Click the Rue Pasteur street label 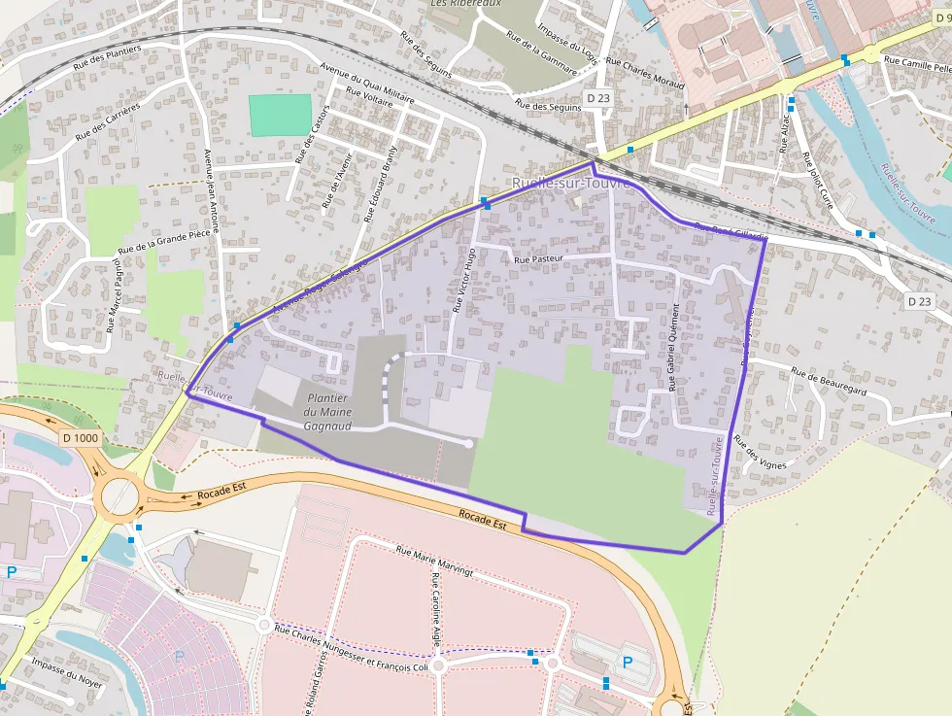pyautogui.click(x=541, y=260)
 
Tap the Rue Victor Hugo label pyautogui.click(x=463, y=280)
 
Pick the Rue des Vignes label pyautogui.click(x=761, y=453)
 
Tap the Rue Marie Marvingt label pyautogui.click(x=434, y=561)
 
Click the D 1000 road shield pyautogui.click(x=80, y=438)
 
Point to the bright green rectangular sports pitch pyautogui.click(x=281, y=116)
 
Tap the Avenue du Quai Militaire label pyautogui.click(x=367, y=87)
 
